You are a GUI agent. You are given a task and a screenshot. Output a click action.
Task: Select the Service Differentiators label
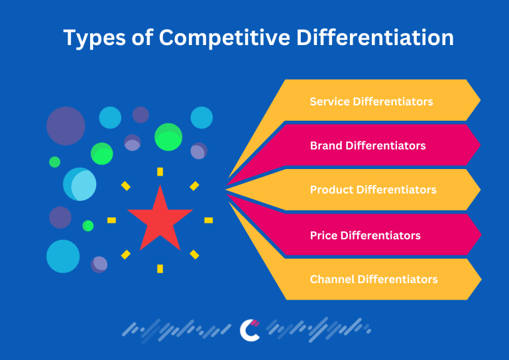pyautogui.click(x=371, y=101)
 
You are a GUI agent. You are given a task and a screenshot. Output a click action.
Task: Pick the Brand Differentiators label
pyautogui.click(x=368, y=145)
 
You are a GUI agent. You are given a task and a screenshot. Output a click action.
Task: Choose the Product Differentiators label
pyautogui.click(x=373, y=190)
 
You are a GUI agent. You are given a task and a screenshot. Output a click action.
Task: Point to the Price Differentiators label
pyautogui.click(x=365, y=235)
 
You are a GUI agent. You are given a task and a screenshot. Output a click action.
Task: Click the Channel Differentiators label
pyautogui.click(x=374, y=279)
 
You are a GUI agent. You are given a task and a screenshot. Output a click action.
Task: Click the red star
pyautogui.click(x=160, y=218)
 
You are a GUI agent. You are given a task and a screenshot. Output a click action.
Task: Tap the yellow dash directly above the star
pyautogui.click(x=160, y=172)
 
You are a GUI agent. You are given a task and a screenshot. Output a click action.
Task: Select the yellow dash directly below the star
pyautogui.click(x=160, y=269)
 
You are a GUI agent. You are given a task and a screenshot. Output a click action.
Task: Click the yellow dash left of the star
pyautogui.click(x=111, y=220)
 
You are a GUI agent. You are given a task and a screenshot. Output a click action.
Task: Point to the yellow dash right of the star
pyautogui.click(x=208, y=220)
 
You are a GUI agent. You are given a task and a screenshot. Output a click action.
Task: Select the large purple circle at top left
pyautogui.click(x=66, y=126)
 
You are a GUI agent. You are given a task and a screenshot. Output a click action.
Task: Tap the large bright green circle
pyautogui.click(x=168, y=137)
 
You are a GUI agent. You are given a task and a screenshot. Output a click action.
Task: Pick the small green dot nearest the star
pyautogui.click(x=88, y=225)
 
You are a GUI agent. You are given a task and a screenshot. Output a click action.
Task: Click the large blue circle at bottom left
pyautogui.click(x=63, y=256)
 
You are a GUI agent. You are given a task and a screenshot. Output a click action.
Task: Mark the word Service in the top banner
pyautogui.click(x=329, y=101)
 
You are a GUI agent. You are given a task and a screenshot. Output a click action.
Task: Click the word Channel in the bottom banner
pyautogui.click(x=332, y=279)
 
